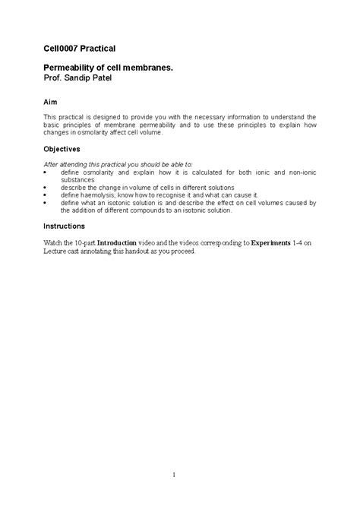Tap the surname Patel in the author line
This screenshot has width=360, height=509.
(x=109, y=78)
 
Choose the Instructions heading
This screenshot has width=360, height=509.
(x=64, y=226)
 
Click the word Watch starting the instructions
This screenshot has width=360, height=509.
(x=53, y=243)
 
